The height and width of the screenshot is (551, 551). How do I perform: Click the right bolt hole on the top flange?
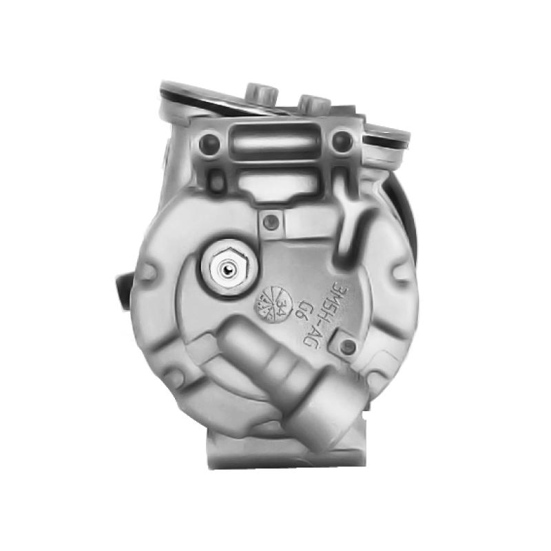pos(341,143)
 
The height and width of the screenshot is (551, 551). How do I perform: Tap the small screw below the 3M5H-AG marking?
pos(349,346)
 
